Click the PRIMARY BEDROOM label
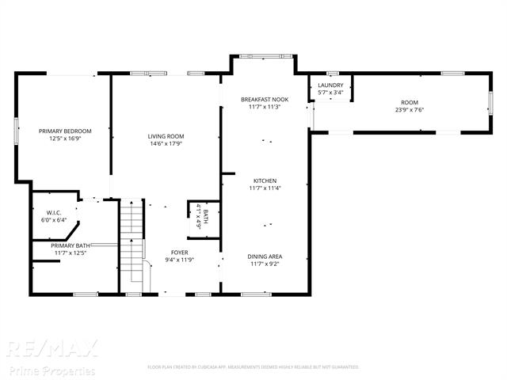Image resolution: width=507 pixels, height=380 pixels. [66, 131]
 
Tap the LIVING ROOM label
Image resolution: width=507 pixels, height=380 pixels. [166, 137]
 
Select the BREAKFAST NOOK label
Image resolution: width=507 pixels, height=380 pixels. [265, 99]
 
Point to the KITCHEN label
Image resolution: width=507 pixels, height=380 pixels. [265, 180]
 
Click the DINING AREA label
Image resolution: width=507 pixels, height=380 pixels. [265, 256]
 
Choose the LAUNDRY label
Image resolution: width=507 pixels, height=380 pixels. [330, 85]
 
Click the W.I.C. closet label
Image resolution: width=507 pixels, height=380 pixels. [54, 212]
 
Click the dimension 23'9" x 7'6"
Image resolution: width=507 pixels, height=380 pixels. [409, 110]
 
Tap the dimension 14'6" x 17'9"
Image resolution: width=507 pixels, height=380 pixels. [166, 144]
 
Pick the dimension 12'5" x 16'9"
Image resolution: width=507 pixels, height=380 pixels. [66, 138]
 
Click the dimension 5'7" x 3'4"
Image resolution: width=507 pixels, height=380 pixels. [330, 92]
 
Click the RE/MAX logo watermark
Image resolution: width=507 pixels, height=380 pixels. [52, 348]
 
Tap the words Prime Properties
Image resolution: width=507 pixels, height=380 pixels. [51, 370]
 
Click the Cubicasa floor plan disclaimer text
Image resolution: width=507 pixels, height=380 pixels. [253, 367]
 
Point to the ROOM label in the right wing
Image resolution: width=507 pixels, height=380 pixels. [409, 103]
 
